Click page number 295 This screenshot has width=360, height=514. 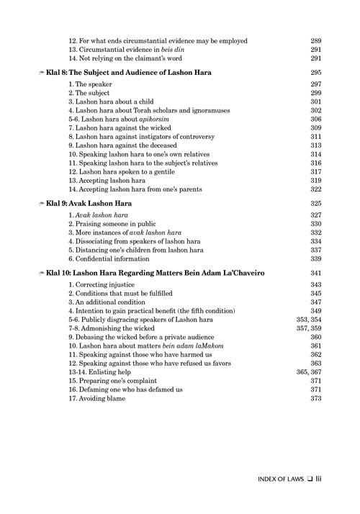pos(315,73)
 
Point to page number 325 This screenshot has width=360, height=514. pos(315,205)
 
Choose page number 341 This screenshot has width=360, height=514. pos(315,274)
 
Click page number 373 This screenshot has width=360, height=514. pos(315,399)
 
